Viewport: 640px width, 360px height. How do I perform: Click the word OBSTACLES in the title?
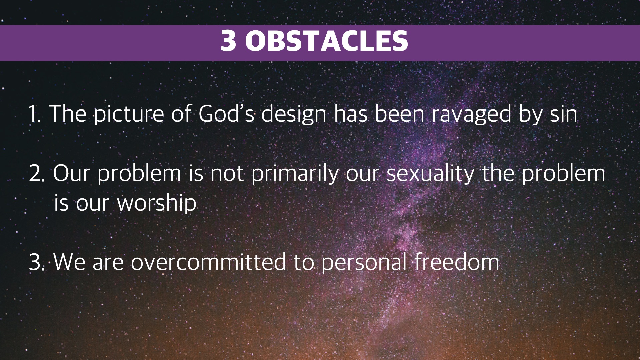pos(326,41)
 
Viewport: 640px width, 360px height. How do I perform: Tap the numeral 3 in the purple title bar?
pos(228,41)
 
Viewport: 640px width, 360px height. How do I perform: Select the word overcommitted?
pos(208,262)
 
